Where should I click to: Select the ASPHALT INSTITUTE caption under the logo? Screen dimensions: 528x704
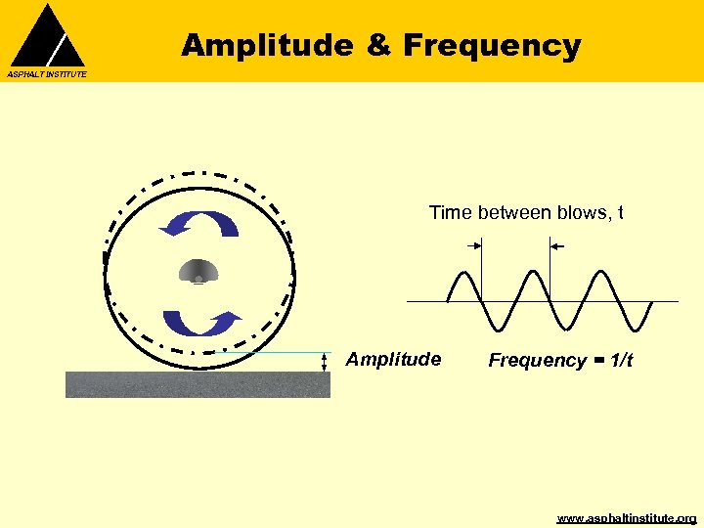coord(47,74)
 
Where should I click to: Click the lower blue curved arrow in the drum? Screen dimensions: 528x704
coord(201,323)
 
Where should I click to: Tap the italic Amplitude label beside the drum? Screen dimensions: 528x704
coord(393,360)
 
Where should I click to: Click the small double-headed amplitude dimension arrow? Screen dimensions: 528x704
coord(325,362)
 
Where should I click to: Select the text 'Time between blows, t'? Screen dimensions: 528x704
coord(526,213)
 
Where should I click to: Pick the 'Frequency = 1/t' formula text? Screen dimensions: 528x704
coord(560,361)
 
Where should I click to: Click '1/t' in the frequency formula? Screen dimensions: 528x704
coord(621,361)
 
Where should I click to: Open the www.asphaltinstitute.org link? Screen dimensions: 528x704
coord(626,517)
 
